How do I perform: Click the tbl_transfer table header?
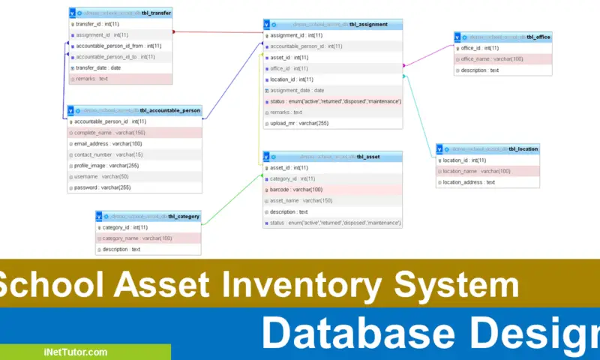tap(120, 13)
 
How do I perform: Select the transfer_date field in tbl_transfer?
tap(98, 67)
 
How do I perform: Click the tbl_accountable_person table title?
tap(135, 110)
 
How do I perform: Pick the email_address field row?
tap(108, 143)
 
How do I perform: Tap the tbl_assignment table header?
tap(332, 24)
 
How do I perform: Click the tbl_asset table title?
tap(332, 157)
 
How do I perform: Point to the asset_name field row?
tap(301, 200)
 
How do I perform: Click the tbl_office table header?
tap(503, 37)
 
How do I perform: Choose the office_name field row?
tap(492, 58)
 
